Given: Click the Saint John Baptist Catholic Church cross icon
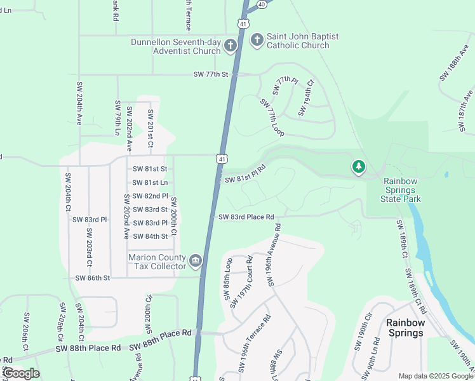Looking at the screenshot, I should [257, 41].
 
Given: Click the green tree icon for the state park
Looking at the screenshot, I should [359, 167].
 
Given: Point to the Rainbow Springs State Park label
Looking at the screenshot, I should [401, 190].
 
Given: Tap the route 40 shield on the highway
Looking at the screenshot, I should [262, 4].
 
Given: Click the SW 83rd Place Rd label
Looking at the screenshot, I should [246, 217].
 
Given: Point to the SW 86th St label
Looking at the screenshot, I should [92, 278].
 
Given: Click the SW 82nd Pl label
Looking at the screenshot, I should [150, 196].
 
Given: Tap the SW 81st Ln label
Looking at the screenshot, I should [150, 182].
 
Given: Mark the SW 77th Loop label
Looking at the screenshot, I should [272, 116].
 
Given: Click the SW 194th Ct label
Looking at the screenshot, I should [305, 98].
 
